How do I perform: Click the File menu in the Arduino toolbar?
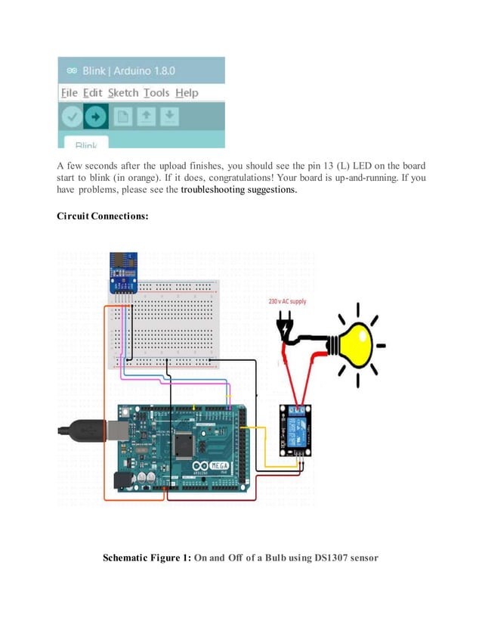pyautogui.click(x=69, y=93)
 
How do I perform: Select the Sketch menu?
pyautogui.click(x=123, y=93)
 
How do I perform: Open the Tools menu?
pyautogui.click(x=156, y=93)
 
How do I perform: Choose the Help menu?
pyautogui.click(x=187, y=93)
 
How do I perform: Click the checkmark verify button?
pyautogui.click(x=72, y=117)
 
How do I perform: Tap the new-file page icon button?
pyautogui.click(x=122, y=117)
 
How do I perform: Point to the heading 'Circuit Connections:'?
pyautogui.click(x=103, y=217)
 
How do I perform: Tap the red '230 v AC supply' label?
pyautogui.click(x=288, y=301)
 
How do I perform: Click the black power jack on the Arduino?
pyautogui.click(x=120, y=478)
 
